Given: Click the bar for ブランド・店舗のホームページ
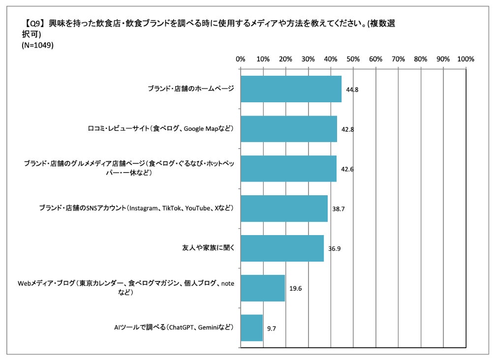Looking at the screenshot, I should point(291,89).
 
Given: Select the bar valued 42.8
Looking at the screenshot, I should point(288,129).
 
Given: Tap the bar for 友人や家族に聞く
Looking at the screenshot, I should point(282,248).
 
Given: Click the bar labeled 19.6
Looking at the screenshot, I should point(263,288).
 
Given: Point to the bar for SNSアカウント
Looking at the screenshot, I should point(284,209).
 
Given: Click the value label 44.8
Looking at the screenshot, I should point(353,90).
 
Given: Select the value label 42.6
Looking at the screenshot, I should point(347,169).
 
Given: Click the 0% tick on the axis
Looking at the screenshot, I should point(241,59).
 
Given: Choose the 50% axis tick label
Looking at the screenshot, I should point(353,59).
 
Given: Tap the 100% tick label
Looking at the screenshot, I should point(465,59).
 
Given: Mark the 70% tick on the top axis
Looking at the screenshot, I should point(398,59).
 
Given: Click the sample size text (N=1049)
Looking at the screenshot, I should point(38,45).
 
